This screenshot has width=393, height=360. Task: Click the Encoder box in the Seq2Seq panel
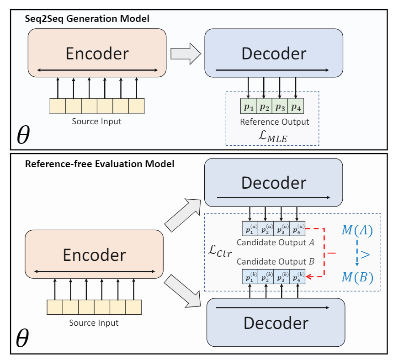click(x=97, y=53)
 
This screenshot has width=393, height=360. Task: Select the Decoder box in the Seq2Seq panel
click(x=273, y=53)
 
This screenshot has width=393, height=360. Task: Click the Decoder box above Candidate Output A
click(x=273, y=183)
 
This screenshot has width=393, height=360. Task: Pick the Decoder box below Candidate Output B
click(x=276, y=323)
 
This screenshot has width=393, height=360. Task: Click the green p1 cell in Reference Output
click(x=248, y=107)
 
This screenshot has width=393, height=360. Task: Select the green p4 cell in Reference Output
click(x=296, y=107)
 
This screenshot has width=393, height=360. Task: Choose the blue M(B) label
click(x=357, y=277)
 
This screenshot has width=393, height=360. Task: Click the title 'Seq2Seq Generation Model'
click(x=87, y=19)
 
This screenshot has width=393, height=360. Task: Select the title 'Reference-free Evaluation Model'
click(x=100, y=164)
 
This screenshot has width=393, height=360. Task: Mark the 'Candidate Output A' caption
click(x=275, y=243)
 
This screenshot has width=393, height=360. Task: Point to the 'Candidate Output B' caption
click(x=275, y=261)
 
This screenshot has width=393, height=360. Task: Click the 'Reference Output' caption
click(x=275, y=122)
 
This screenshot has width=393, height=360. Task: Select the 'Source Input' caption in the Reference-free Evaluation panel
click(x=94, y=323)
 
